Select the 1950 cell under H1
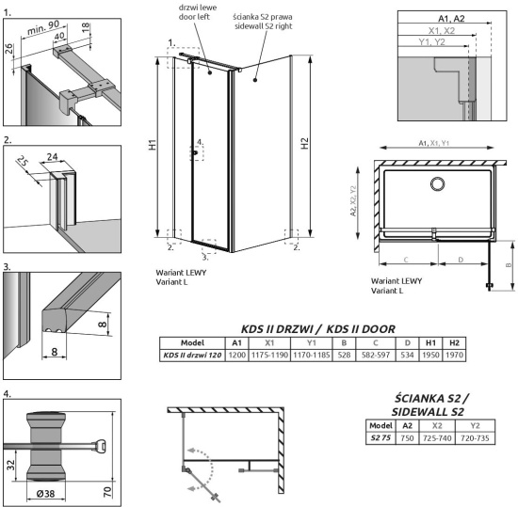pyautogui.click(x=431, y=355)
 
